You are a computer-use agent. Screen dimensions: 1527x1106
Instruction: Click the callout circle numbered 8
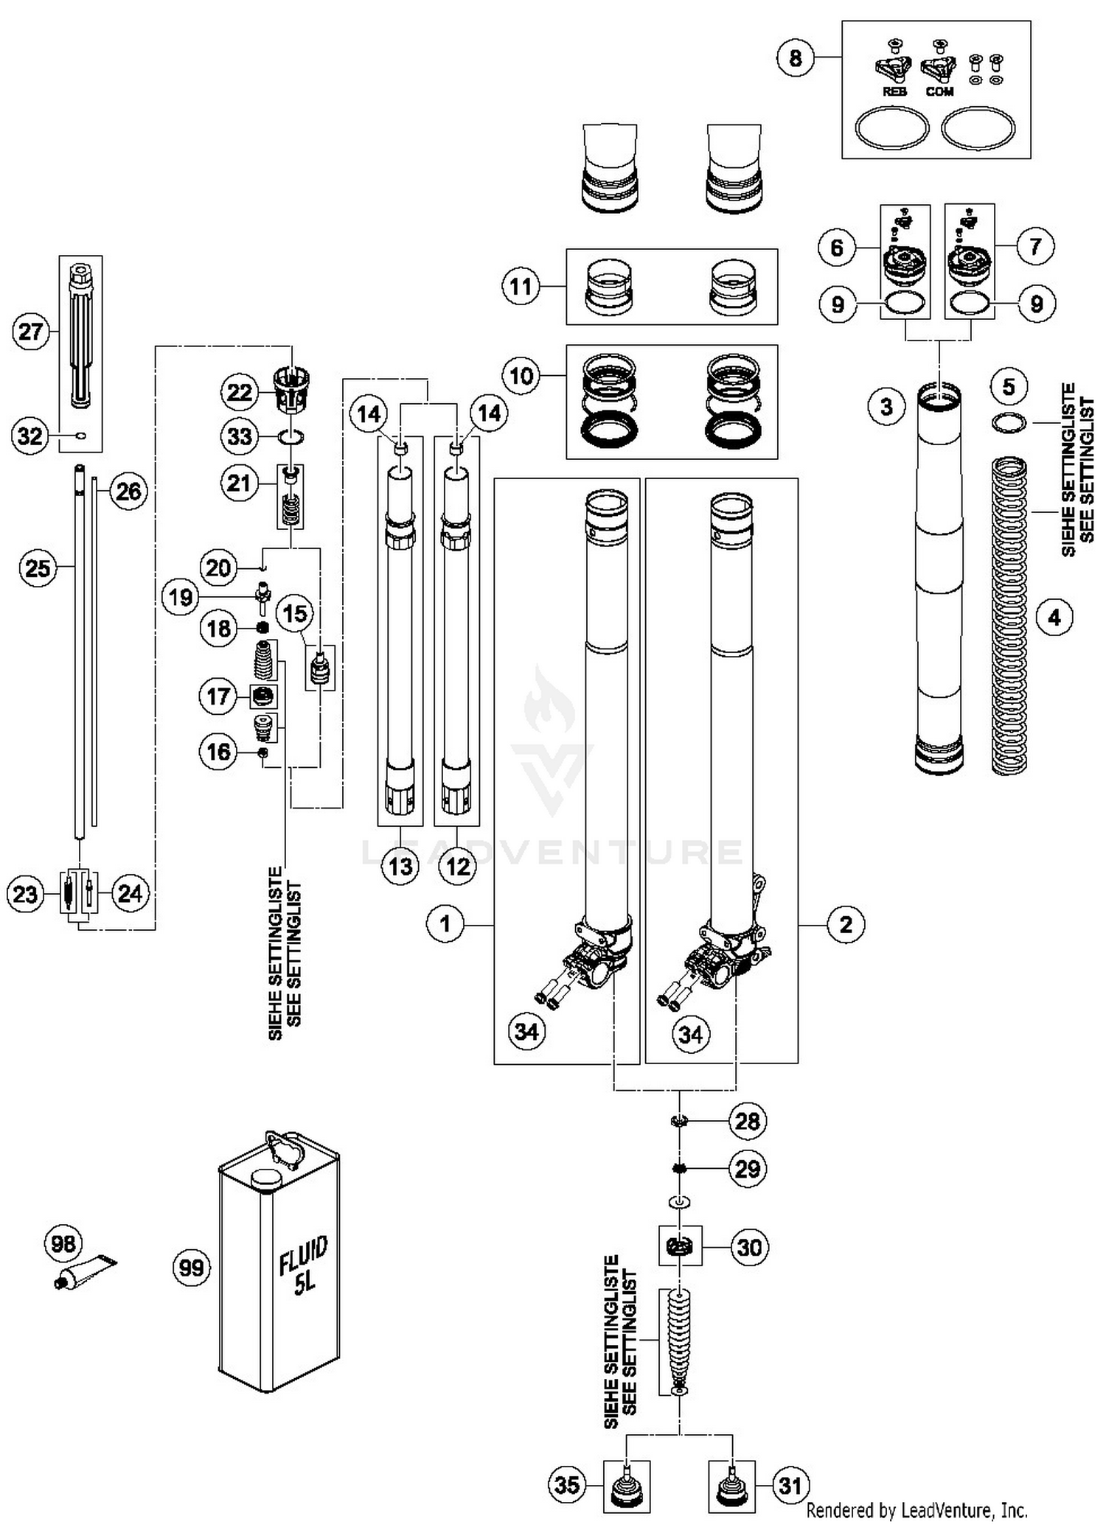[x=795, y=57]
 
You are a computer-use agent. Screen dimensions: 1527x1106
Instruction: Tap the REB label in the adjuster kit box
[x=894, y=92]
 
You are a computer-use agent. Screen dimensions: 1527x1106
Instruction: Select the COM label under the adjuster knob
[x=939, y=92]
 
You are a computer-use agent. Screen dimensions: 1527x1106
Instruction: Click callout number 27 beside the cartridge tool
[x=31, y=332]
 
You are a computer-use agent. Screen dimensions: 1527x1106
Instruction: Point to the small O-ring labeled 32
[x=81, y=436]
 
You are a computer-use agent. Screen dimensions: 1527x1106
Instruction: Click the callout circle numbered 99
[x=191, y=1268]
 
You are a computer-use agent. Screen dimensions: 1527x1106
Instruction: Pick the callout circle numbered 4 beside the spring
[x=1054, y=617]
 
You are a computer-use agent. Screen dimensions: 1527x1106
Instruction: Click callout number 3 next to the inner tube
[x=886, y=406]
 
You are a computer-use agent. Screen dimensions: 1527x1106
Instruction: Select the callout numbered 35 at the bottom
[x=567, y=1484]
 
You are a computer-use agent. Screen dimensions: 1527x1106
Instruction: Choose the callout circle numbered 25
[x=38, y=568]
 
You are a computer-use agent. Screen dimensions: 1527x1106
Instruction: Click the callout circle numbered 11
[x=521, y=286]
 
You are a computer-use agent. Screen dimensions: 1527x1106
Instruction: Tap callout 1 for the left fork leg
[x=445, y=923]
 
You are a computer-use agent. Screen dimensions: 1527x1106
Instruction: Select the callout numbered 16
[x=219, y=752]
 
